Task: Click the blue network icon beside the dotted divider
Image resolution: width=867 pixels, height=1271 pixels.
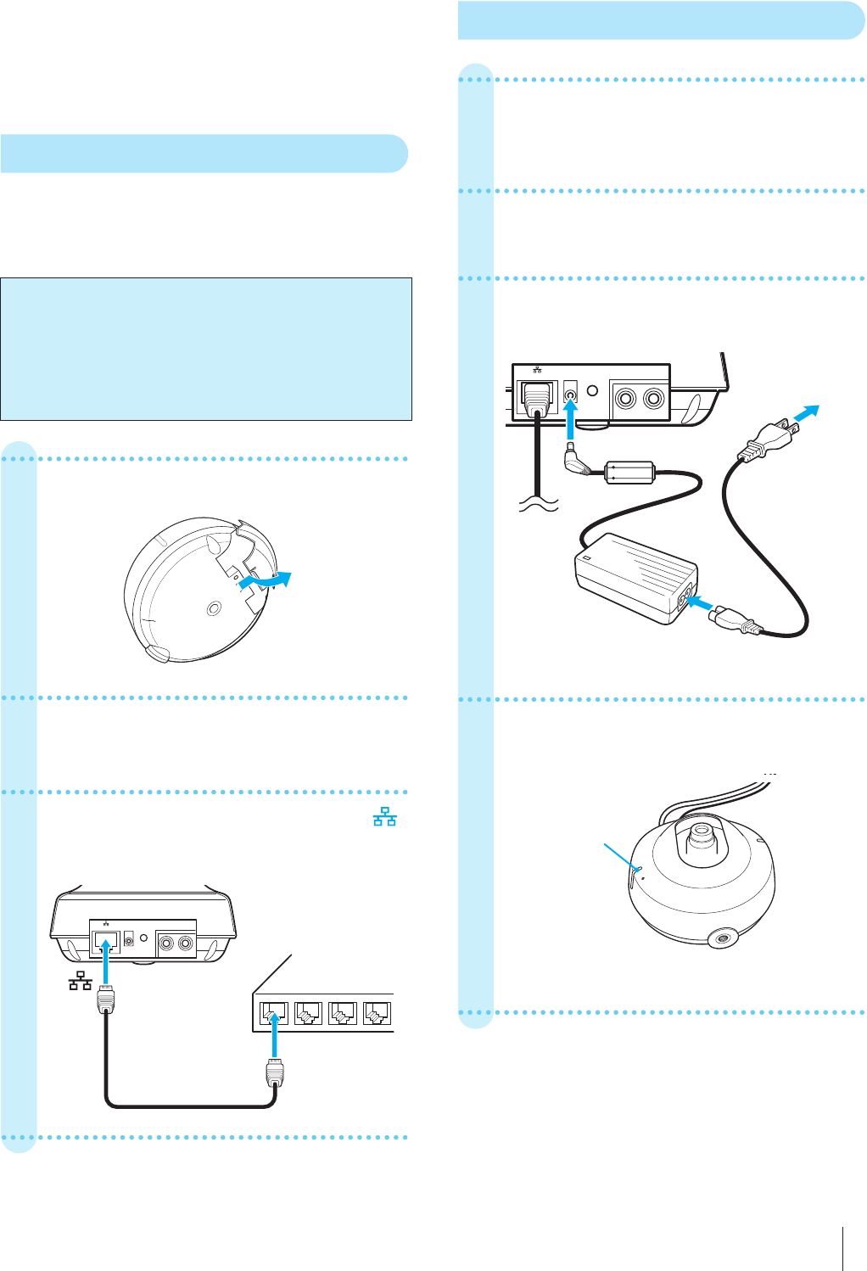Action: (x=385, y=818)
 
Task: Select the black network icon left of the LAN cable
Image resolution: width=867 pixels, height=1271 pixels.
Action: (x=81, y=983)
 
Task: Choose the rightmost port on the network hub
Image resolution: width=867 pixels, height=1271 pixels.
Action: (x=376, y=1012)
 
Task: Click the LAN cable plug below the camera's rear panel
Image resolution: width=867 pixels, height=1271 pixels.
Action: (x=105, y=1004)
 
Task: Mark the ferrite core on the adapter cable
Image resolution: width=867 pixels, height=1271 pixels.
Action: (x=630, y=472)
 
